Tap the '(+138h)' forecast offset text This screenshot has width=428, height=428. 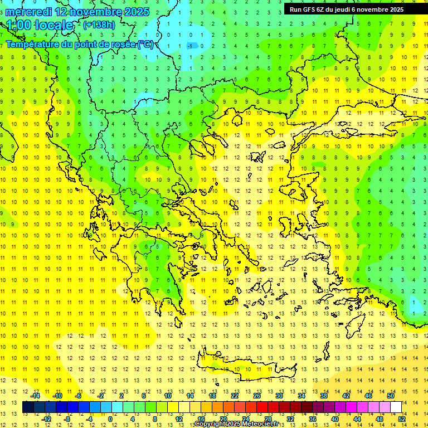99,25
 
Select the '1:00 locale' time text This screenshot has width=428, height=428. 40,25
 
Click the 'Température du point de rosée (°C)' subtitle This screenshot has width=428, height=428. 79,44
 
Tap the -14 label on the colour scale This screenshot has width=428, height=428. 35,396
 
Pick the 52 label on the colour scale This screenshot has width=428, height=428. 402,419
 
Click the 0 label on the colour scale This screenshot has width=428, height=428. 110,419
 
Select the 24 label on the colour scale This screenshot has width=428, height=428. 246,419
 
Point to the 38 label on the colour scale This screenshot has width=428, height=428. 323,396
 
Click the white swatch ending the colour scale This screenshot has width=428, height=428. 396,407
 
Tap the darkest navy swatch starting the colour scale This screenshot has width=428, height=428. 28,407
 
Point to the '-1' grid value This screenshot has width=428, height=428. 191,45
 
